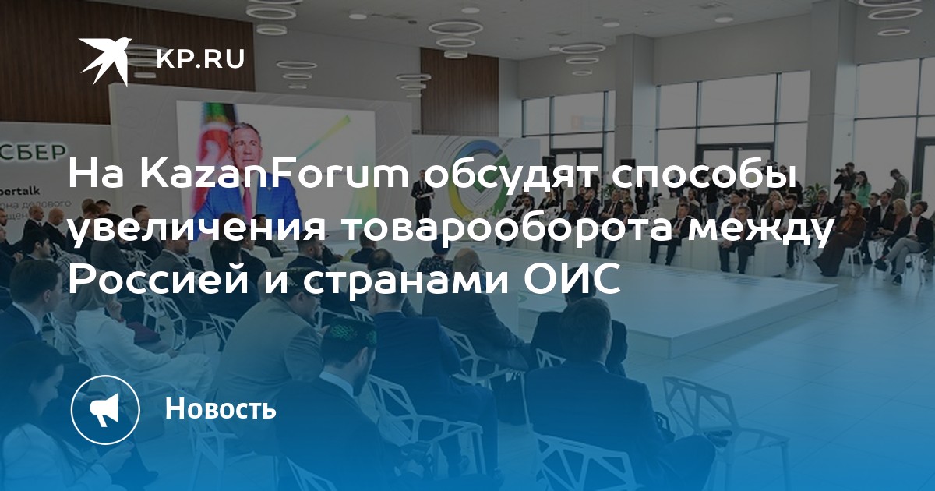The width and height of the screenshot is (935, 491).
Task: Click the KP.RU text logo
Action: coord(200,59)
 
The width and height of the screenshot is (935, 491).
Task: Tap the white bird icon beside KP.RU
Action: coord(105,61)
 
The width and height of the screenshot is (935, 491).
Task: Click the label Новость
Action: coord(221,408)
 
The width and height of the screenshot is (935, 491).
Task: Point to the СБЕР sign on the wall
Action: coord(34,153)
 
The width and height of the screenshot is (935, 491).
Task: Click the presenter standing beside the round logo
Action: coord(422,197)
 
